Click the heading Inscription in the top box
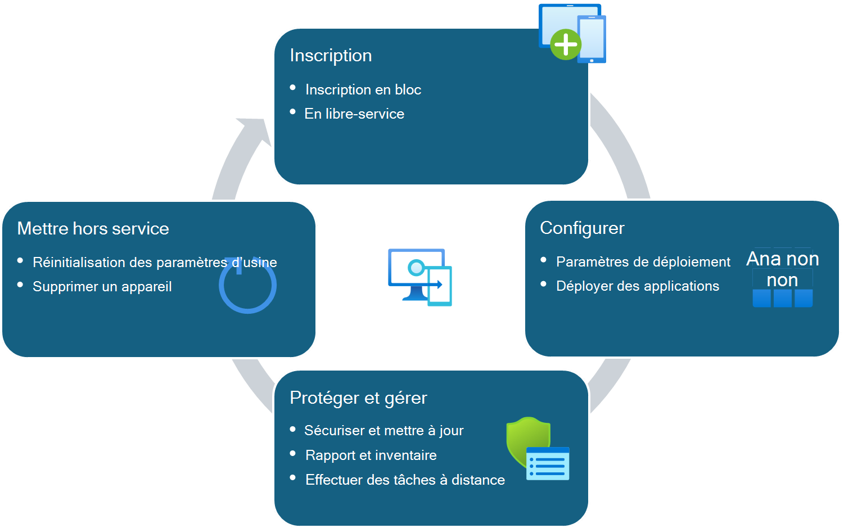click(x=331, y=56)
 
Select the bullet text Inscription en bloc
click(x=363, y=90)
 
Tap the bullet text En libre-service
click(x=354, y=114)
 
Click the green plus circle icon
click(x=565, y=44)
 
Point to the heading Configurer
click(x=582, y=228)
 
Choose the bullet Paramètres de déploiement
click(x=643, y=262)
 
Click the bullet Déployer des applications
click(x=637, y=286)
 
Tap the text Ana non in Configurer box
click(x=782, y=259)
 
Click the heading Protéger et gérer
click(x=358, y=398)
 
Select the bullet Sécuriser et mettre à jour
click(x=383, y=431)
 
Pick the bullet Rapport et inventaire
click(x=371, y=455)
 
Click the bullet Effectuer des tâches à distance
click(x=405, y=480)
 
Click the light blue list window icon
click(x=548, y=464)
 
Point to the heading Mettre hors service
click(x=93, y=229)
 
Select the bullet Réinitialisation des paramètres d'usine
click(x=155, y=263)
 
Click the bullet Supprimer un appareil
click(x=102, y=287)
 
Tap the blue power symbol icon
click(x=247, y=287)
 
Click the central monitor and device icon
click(x=419, y=277)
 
